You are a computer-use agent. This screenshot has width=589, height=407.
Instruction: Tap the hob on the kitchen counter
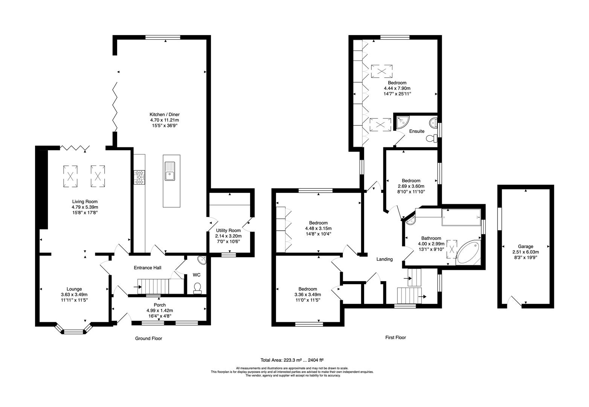(x=140, y=177)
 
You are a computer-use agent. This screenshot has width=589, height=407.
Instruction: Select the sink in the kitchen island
(x=169, y=171)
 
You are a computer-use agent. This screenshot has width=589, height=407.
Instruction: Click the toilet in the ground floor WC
(x=197, y=288)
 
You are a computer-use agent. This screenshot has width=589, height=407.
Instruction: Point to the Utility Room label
(x=228, y=231)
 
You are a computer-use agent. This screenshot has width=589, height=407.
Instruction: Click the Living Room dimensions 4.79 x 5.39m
(x=85, y=207)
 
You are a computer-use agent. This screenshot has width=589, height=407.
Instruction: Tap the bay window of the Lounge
(x=74, y=331)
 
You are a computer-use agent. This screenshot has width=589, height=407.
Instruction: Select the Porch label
(x=160, y=305)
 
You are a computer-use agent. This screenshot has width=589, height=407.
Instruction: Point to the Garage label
(x=525, y=246)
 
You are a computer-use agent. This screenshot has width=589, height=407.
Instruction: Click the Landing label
(x=385, y=259)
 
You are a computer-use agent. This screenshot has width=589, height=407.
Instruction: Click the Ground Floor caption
(x=148, y=338)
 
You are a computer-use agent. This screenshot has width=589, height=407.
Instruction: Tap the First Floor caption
(x=395, y=338)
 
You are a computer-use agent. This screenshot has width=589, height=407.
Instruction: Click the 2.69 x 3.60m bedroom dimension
(x=411, y=186)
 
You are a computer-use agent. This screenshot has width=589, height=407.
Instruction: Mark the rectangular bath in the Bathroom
(x=461, y=217)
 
